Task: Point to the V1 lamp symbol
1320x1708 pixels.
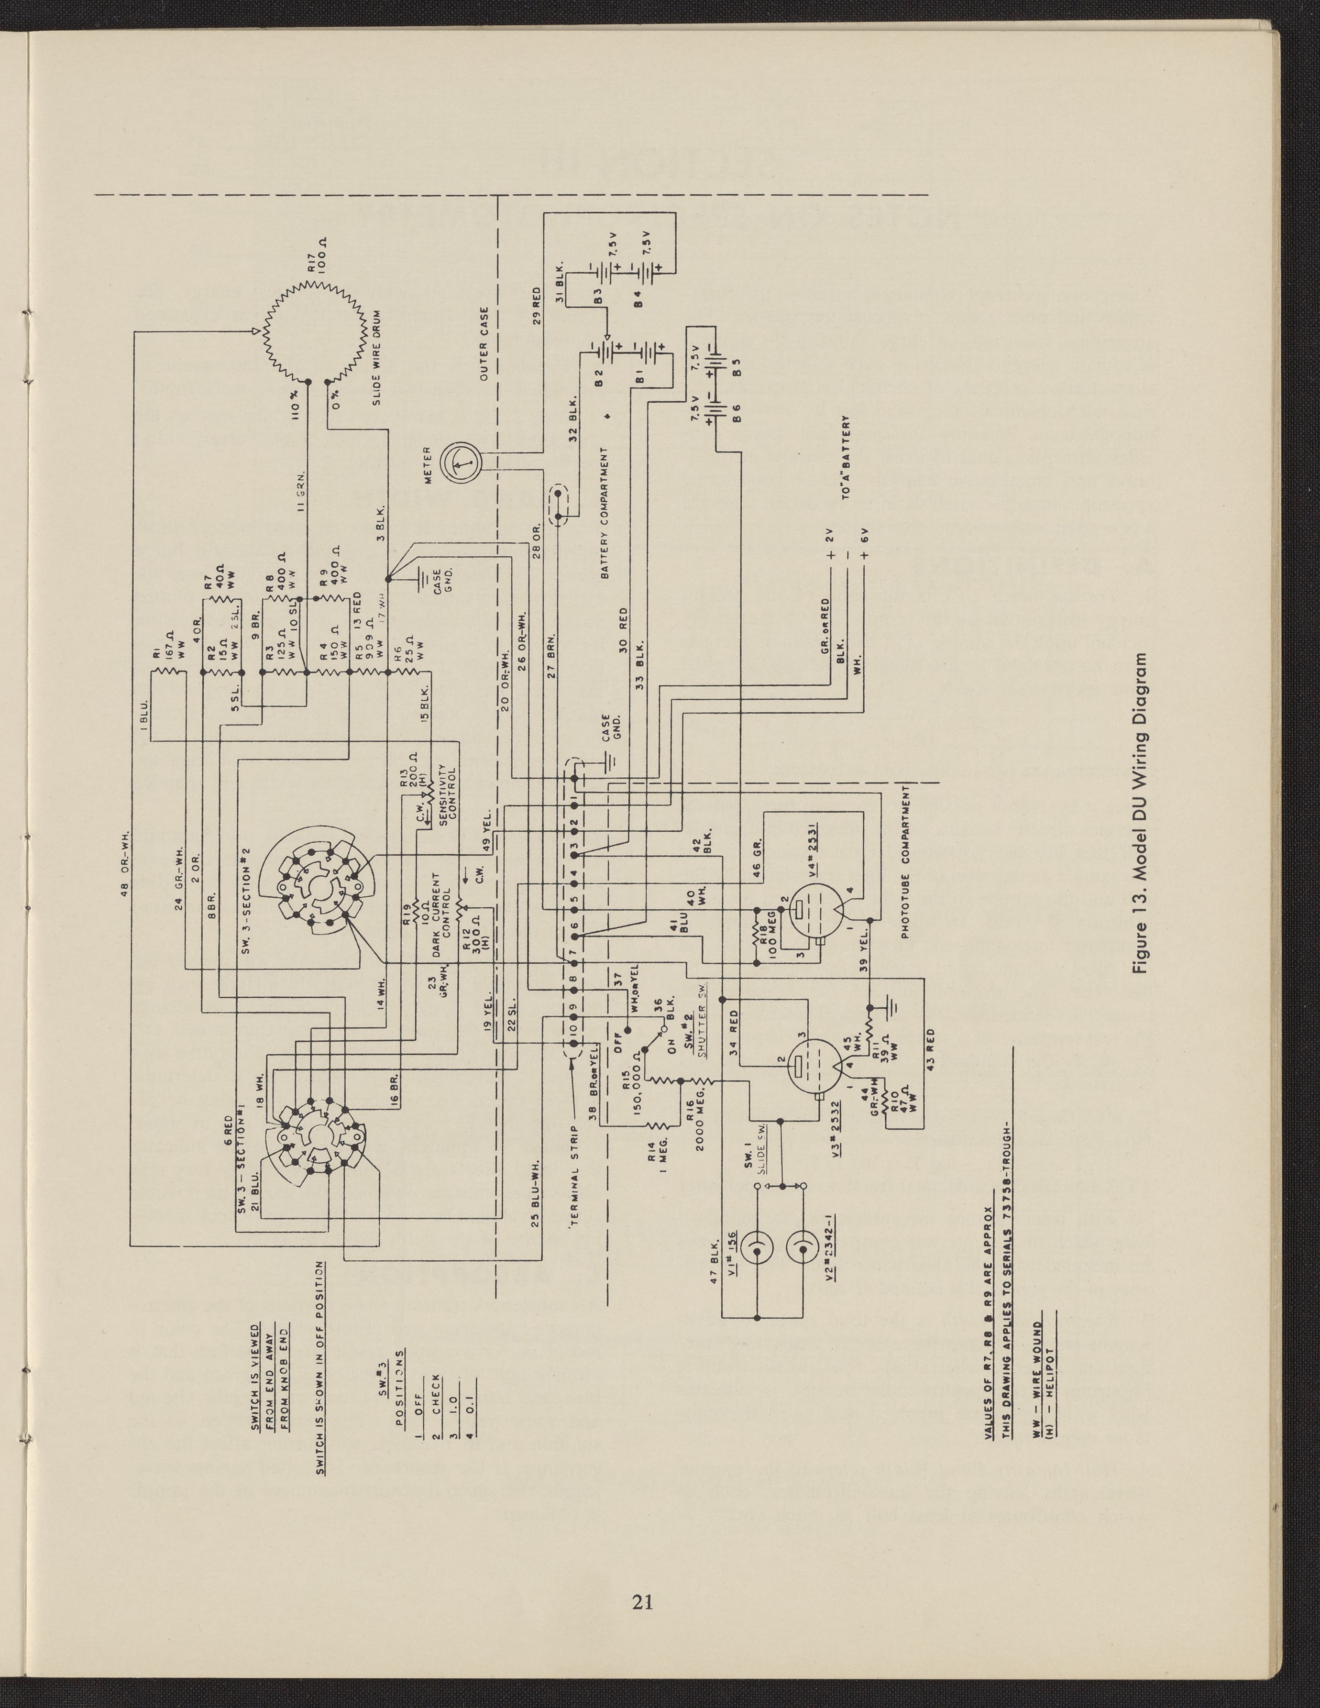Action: point(758,1253)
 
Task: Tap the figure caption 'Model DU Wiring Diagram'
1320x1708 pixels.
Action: point(1143,813)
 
